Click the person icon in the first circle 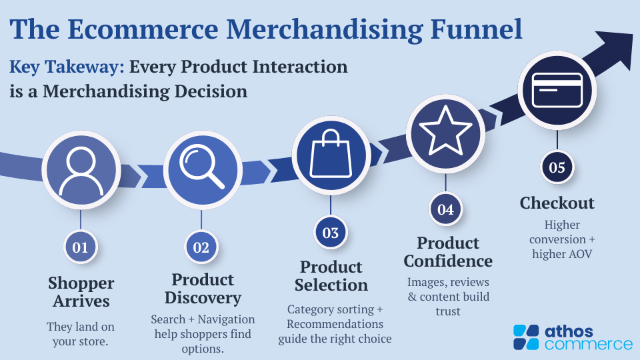(x=81, y=171)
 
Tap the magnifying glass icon (x=202, y=167)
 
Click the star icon (x=445, y=131)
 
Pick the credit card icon (x=557, y=90)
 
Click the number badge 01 (x=81, y=247)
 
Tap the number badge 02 (x=201, y=247)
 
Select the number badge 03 (x=331, y=233)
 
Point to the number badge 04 (x=446, y=209)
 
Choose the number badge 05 (x=557, y=167)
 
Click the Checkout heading (x=557, y=203)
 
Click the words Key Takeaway (x=67, y=67)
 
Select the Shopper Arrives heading (x=81, y=292)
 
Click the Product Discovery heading (x=203, y=289)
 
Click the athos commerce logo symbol (x=526, y=337)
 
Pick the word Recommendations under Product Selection (x=335, y=324)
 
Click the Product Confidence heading (x=448, y=252)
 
